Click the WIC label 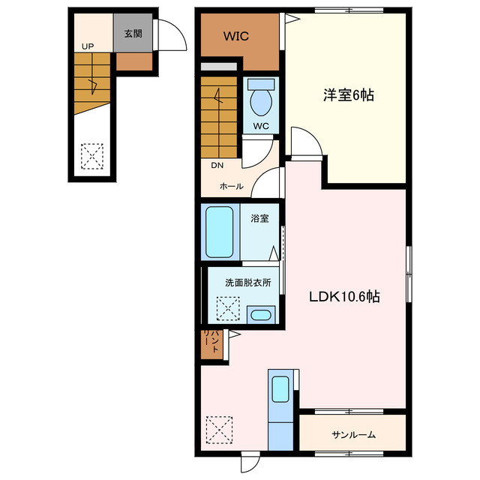236,36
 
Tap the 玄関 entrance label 133,33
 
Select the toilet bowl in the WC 261,102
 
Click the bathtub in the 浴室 220,232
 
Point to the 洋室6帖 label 349,95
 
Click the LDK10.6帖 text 344,296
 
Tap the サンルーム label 353,434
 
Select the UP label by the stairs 88,46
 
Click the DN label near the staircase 217,165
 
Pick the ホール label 232,186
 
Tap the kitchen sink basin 280,388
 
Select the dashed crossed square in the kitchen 219,430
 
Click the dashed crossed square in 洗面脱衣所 228,308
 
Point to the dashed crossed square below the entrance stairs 91,156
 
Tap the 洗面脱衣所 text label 248,283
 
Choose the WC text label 261,126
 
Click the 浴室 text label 259,218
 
